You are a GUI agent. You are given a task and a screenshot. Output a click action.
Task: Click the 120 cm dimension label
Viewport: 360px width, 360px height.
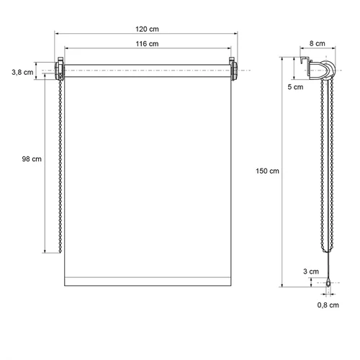(147, 29)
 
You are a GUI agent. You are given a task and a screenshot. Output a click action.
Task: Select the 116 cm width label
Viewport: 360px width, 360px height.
(147, 44)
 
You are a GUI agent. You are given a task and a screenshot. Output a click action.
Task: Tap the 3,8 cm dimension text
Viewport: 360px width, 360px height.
(22, 72)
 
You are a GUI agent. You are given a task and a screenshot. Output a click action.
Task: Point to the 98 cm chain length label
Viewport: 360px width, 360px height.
(32, 159)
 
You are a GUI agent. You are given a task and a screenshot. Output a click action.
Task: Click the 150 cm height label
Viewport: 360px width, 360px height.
(267, 171)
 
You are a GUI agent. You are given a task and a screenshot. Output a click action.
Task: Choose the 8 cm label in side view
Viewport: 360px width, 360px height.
(317, 43)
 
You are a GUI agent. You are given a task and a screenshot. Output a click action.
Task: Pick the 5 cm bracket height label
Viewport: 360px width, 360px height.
(295, 87)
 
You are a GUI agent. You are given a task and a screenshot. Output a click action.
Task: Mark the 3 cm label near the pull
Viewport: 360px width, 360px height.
(311, 271)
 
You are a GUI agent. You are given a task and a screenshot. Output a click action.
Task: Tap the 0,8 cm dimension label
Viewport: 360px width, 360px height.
(328, 305)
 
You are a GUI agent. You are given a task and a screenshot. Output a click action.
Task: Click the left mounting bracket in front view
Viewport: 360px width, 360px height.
(60, 69)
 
